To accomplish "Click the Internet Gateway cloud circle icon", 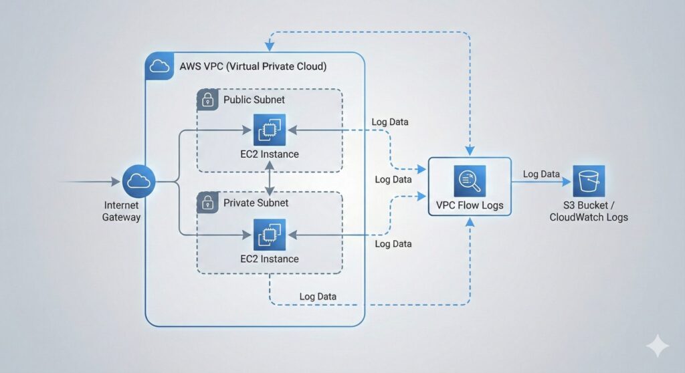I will tap(139, 180).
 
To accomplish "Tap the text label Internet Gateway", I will tap(121, 211).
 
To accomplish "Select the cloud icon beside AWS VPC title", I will tap(159, 66).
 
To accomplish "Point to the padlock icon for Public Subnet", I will tap(208, 100).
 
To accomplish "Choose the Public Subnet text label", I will tap(254, 100).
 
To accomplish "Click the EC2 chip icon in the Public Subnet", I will tap(269, 130).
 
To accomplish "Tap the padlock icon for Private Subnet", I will tap(208, 203).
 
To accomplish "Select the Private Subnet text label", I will tap(256, 203).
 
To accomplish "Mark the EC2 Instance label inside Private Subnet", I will tap(269, 259).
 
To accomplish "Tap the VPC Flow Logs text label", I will tap(469, 206).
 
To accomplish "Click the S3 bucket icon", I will tap(589, 180).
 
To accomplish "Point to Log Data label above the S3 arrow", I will tap(541, 174).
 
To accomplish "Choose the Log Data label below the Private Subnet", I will tap(318, 296).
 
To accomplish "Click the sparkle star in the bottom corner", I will tap(657, 346).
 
